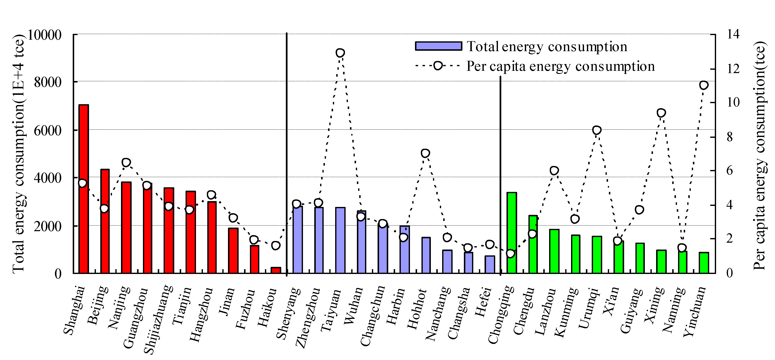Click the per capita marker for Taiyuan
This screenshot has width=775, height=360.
click(x=340, y=53)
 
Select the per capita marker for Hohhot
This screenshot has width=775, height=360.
click(x=425, y=153)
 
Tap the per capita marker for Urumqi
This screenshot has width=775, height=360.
click(x=597, y=130)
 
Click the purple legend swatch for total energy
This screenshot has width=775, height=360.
click(x=438, y=46)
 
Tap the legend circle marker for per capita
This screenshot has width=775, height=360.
click(x=438, y=66)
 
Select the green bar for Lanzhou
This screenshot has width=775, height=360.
click(x=554, y=251)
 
